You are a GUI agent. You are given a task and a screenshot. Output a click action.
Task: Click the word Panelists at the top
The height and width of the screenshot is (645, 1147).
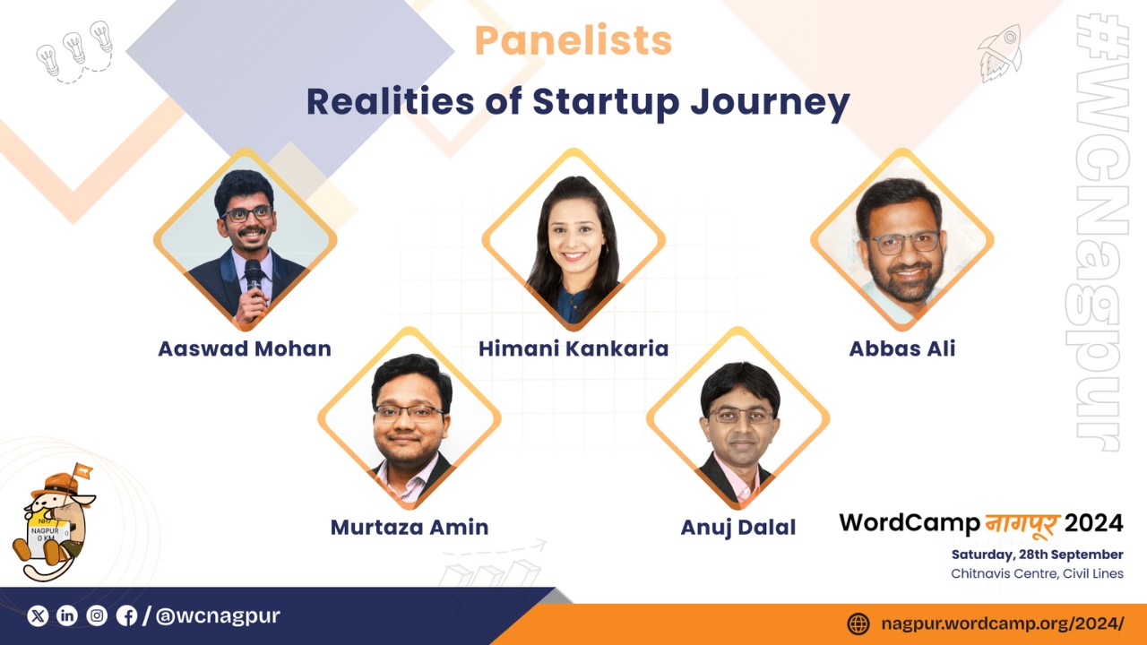click(x=573, y=40)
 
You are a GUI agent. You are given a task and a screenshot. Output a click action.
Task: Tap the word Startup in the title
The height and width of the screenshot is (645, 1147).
click(x=607, y=102)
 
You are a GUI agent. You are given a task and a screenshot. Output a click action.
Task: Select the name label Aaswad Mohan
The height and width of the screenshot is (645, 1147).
click(x=245, y=348)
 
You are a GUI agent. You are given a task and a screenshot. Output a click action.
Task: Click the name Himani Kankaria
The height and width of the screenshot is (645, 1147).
click(x=573, y=348)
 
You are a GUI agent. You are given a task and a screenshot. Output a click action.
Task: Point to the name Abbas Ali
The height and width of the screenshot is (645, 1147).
click(x=902, y=348)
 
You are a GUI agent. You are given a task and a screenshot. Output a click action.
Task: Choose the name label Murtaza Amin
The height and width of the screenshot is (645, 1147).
click(x=410, y=528)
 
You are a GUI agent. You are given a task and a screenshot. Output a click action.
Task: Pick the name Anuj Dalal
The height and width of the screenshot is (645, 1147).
click(x=738, y=528)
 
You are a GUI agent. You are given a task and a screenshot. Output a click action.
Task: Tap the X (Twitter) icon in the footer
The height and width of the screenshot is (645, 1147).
click(x=38, y=615)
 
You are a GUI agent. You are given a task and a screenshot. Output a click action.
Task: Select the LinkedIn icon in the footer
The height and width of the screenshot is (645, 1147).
click(x=67, y=615)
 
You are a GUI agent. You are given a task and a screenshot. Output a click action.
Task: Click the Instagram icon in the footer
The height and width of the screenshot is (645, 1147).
click(x=97, y=615)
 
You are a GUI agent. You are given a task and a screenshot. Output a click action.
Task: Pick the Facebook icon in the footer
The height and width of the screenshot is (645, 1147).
click(x=126, y=615)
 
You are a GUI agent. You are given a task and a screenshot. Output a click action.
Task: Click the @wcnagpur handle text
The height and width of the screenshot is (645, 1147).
click(x=218, y=615)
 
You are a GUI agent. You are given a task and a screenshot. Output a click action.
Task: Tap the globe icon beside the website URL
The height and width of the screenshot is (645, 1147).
click(x=858, y=624)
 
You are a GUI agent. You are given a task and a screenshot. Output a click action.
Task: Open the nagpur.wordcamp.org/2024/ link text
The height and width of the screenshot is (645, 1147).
click(x=1003, y=624)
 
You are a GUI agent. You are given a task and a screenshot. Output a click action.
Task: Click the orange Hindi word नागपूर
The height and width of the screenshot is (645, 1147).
click(x=1022, y=524)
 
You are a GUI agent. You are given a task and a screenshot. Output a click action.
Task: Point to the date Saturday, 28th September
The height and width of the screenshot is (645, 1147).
click(x=1038, y=555)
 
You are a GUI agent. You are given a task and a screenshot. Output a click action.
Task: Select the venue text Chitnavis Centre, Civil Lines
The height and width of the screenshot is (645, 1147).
click(x=1038, y=573)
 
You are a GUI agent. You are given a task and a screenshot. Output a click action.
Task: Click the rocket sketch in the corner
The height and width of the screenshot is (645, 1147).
click(x=1000, y=54)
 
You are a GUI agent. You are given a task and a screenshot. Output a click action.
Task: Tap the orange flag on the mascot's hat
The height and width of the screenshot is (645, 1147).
click(x=82, y=470)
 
